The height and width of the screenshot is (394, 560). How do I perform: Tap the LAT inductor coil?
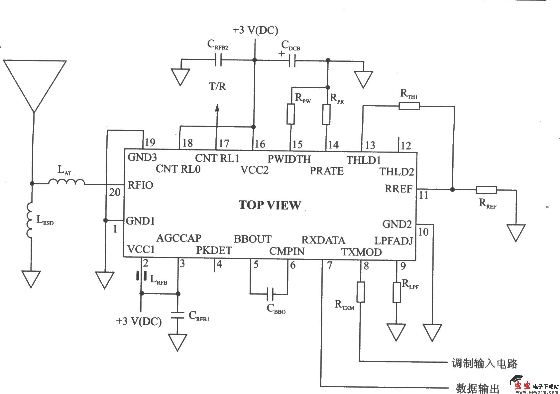coord(66,182)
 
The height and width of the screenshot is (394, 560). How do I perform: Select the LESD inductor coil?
coord(30,220)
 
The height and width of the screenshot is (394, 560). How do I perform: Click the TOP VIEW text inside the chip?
coord(270,205)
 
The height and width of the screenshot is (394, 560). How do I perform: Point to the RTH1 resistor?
coord(409,106)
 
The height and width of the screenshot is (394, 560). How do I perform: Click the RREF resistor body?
coord(486,190)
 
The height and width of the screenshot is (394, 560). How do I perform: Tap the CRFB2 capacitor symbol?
coord(219,60)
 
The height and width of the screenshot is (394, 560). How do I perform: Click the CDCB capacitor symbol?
coord(292,61)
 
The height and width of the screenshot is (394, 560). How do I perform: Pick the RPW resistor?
coord(290,114)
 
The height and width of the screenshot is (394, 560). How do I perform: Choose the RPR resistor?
coord(326,114)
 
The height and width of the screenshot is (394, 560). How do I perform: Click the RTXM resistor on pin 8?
coord(361,292)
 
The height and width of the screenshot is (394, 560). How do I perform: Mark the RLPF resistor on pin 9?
coord(396,292)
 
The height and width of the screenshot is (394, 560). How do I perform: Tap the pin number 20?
coord(115,192)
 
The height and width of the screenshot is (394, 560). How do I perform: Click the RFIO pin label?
coord(140,185)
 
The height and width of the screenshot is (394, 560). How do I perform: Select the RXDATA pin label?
coord(323,240)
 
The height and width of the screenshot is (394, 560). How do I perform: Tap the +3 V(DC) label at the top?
coord(255,30)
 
